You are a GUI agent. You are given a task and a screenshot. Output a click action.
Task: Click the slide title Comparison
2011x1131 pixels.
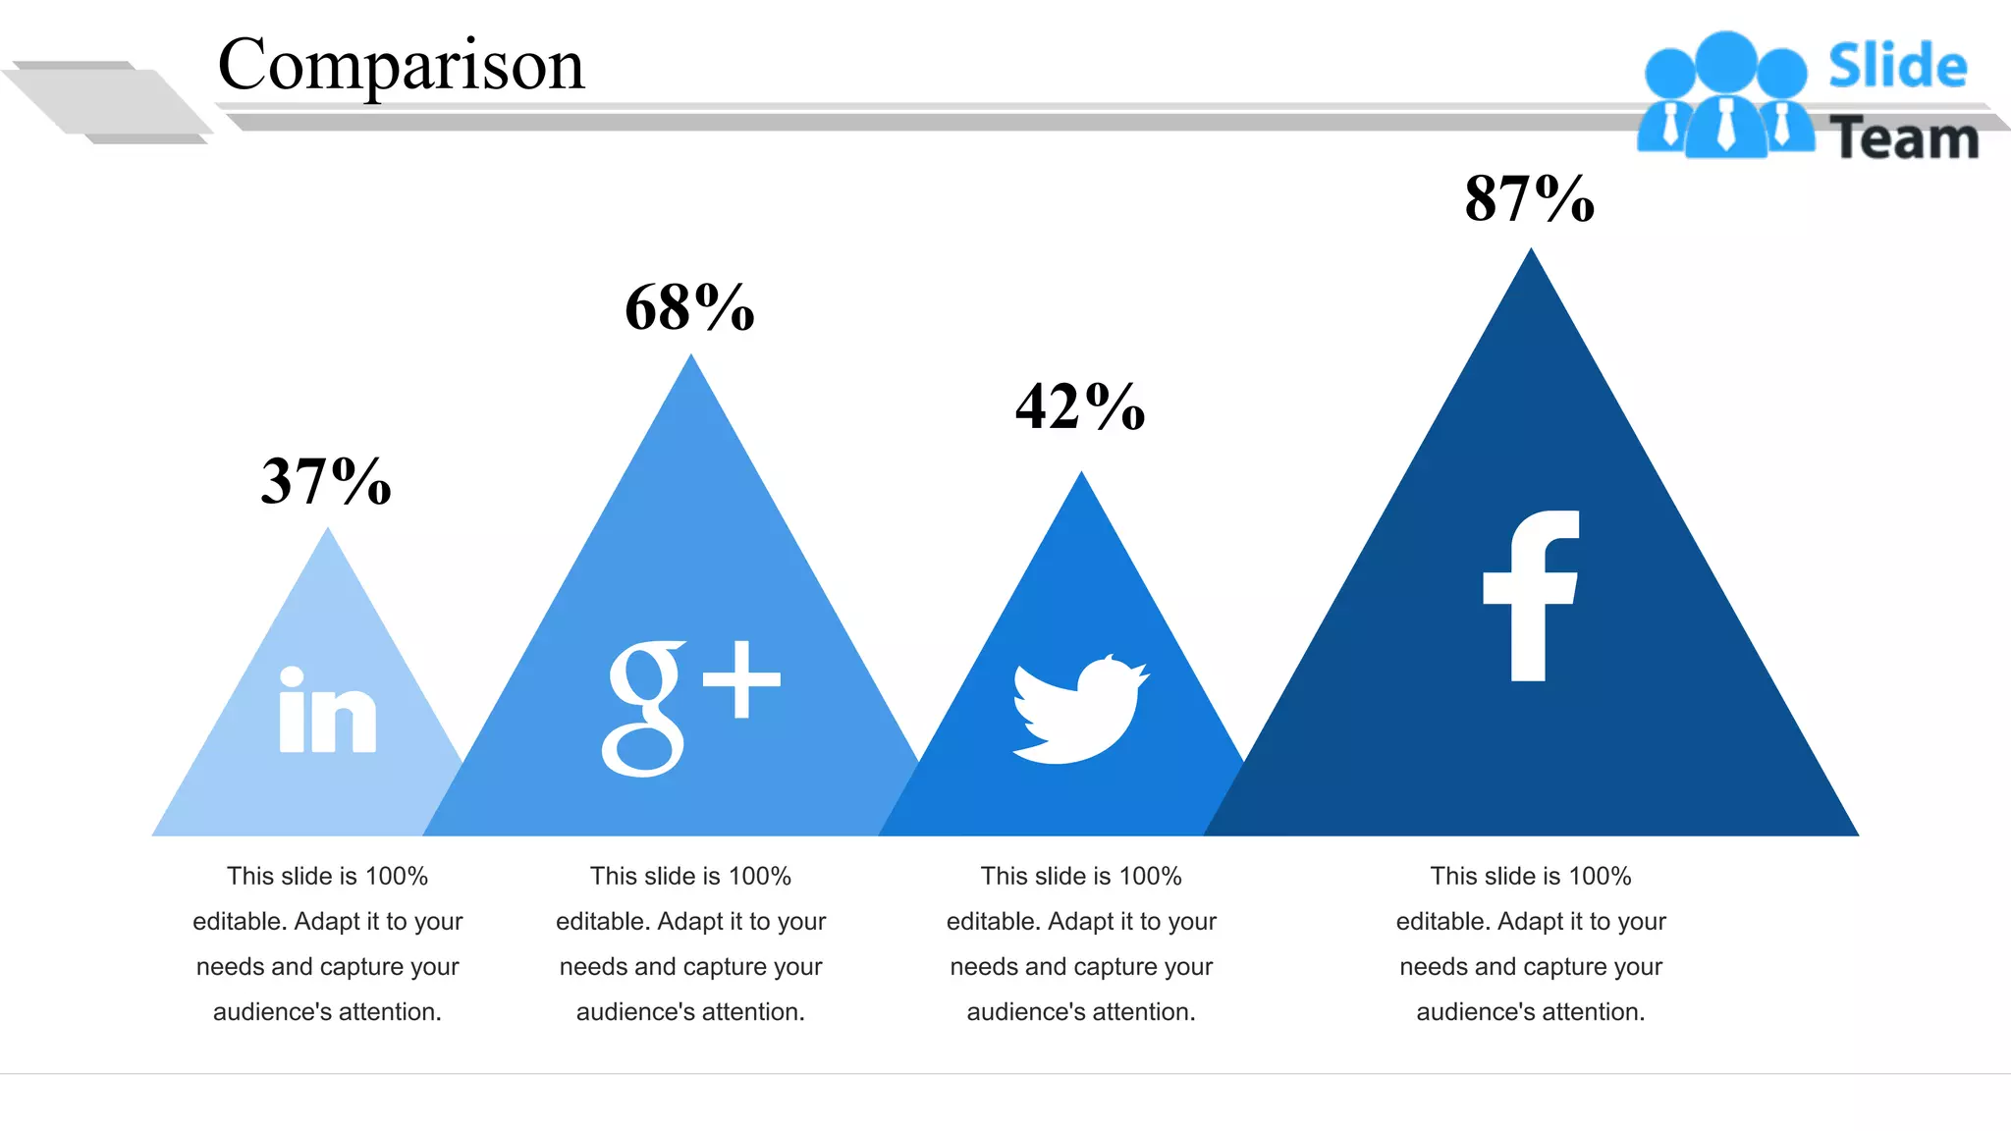click(401, 65)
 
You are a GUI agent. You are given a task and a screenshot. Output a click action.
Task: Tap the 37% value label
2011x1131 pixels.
click(326, 481)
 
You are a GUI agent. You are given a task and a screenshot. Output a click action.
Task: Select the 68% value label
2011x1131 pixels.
click(689, 307)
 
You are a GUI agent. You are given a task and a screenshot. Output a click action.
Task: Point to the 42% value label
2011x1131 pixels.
click(1080, 406)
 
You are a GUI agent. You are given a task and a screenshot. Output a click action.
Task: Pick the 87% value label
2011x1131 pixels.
click(1529, 198)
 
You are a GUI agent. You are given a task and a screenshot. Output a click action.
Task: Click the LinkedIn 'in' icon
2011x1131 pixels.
click(327, 711)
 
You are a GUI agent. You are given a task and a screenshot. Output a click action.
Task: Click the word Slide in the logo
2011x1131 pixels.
click(1897, 67)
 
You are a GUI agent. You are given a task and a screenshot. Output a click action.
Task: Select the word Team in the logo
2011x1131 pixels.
click(1903, 138)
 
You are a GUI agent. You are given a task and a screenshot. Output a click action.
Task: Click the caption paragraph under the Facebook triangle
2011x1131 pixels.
click(1531, 943)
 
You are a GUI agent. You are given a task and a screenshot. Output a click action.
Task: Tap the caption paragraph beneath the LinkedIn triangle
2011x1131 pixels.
click(327, 943)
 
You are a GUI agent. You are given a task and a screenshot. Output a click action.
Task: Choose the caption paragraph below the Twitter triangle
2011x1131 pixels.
click(1081, 943)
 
